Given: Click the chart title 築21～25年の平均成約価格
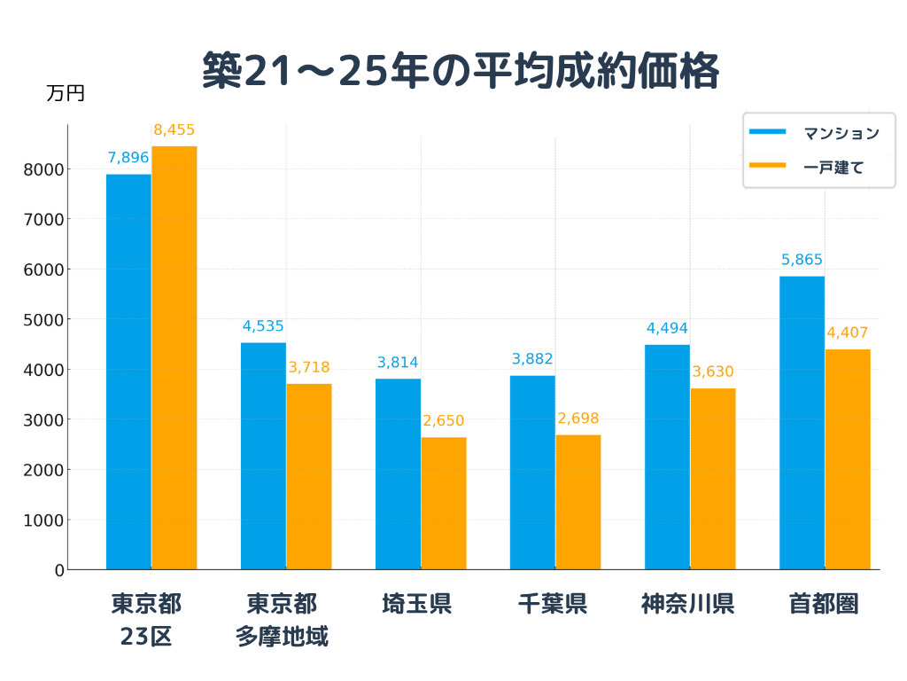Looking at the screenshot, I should click(460, 71).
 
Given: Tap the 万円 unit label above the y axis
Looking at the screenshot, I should click(66, 93).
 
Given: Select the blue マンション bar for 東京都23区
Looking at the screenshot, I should click(128, 372).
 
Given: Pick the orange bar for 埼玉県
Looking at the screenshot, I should click(444, 503).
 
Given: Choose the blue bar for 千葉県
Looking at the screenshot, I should click(532, 472).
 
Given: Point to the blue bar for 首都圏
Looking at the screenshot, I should click(802, 422).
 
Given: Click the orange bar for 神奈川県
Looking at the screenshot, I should click(713, 479).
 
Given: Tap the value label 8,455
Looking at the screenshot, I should click(174, 130).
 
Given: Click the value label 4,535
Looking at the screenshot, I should click(263, 326).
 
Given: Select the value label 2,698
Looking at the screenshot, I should click(578, 419).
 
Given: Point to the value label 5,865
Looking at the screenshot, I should click(802, 260).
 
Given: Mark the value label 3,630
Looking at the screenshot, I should click(713, 372).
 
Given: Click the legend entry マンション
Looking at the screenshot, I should click(841, 133).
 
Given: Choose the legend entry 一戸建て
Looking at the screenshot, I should click(833, 166).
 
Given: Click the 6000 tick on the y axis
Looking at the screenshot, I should click(48, 270).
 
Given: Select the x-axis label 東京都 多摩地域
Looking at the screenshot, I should click(282, 620).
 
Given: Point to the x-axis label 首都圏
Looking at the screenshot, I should click(824, 605).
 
